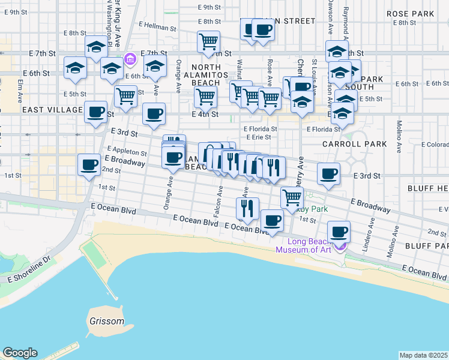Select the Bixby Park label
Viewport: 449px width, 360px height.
(x=316, y=208)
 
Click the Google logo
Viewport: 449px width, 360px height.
(x=19, y=353)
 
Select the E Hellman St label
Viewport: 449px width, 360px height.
(x=157, y=27)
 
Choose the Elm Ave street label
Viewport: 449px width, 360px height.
(x=20, y=87)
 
